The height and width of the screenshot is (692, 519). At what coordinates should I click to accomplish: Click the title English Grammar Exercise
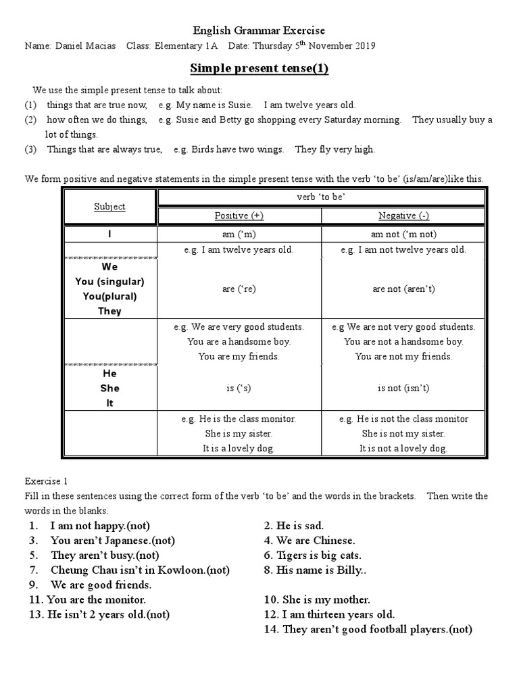pos(259,30)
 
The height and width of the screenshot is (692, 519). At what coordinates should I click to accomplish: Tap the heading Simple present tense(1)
pos(259,68)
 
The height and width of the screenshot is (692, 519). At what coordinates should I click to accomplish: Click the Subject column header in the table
pos(109,207)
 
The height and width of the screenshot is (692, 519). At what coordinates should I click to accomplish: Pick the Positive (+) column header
pos(239,216)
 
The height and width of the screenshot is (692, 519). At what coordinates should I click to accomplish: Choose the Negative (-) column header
pos(403,216)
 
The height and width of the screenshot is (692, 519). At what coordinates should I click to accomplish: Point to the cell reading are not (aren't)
pos(403,289)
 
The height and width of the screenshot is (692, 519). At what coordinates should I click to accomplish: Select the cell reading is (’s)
pos(239,388)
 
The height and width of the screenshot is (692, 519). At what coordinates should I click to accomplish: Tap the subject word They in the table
pos(109,311)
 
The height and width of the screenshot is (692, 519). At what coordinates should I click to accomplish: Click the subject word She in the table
pos(109,388)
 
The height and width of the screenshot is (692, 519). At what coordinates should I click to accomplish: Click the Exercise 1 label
pos(47,482)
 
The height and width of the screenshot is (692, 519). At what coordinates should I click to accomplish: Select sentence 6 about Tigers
pos(314,555)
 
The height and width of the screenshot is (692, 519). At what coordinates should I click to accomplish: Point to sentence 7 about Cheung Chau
pos(139,570)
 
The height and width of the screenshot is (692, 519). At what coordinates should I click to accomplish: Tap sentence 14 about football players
pos(368,629)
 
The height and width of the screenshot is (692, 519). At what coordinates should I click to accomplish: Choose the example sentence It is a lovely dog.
pos(239,448)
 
